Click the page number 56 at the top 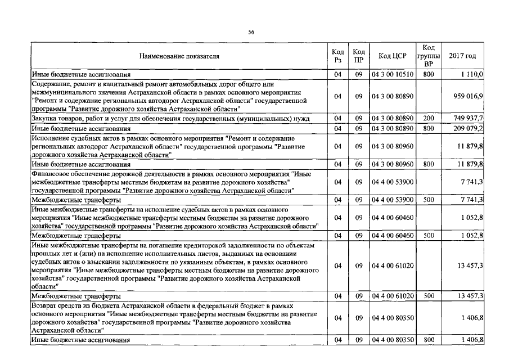coord(251,32)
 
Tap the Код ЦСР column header coord(393,56)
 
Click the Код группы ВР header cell coord(428,56)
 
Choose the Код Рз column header coord(337,56)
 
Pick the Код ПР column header coord(358,56)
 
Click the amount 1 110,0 coord(472,74)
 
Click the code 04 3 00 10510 coord(393,74)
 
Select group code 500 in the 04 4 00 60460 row coord(428,235)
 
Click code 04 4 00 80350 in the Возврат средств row coord(393,318)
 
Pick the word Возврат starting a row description coord(46,304)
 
